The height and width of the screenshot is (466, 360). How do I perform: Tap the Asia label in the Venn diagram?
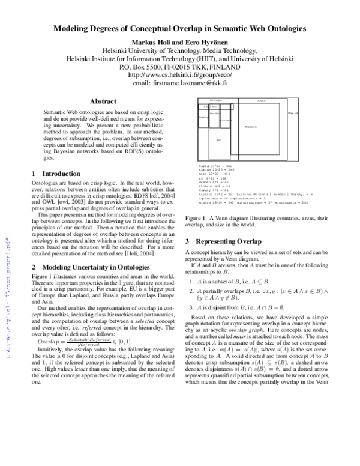pyautogui.click(x=262, y=100)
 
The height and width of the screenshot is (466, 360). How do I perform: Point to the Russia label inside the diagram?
pyautogui.click(x=251, y=127)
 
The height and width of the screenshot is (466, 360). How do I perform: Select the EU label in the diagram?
pyautogui.click(x=219, y=140)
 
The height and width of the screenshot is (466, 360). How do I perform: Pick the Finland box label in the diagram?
pyautogui.click(x=225, y=120)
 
